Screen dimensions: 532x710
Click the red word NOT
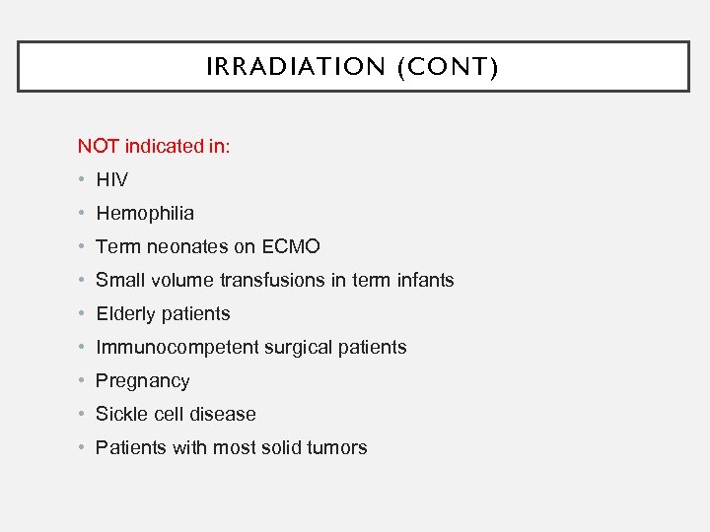99,146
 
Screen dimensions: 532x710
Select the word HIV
111,179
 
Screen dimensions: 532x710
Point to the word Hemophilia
145,213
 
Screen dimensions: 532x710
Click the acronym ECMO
292,246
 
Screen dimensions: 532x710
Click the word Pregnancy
142,380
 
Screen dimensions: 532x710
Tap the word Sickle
120,414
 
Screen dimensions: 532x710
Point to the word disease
224,414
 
